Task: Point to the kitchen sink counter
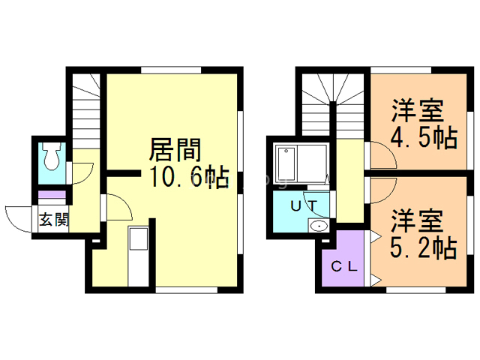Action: (139, 255)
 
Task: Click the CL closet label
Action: (343, 265)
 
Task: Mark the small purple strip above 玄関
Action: (52, 196)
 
